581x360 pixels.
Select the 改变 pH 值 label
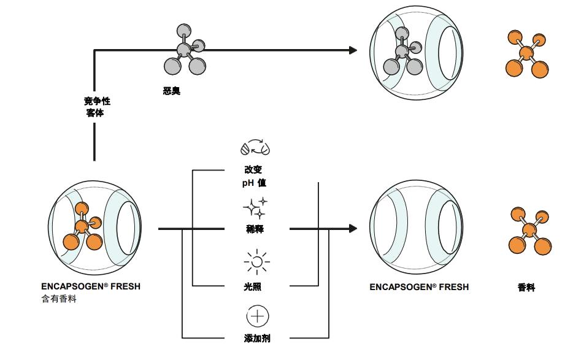(253, 176)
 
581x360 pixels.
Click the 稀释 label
(253, 229)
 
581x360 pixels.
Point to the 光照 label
(253, 286)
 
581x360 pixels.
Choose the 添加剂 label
(257, 338)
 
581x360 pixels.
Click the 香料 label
(526, 287)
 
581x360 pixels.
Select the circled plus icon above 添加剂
(257, 316)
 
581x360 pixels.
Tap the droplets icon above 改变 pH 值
(256, 148)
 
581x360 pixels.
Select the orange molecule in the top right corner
(526, 53)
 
